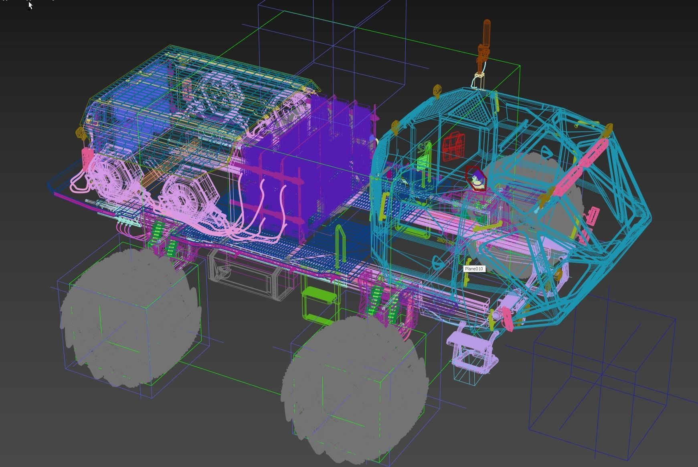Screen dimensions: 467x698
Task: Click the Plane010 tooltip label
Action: click(474, 269)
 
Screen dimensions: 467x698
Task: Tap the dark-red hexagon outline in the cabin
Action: click(476, 178)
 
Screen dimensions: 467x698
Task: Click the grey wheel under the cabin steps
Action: click(355, 388)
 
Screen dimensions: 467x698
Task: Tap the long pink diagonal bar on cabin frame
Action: click(577, 168)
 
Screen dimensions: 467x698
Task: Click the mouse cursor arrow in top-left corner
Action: click(30, 5)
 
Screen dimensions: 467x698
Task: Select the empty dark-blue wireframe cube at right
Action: click(601, 384)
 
